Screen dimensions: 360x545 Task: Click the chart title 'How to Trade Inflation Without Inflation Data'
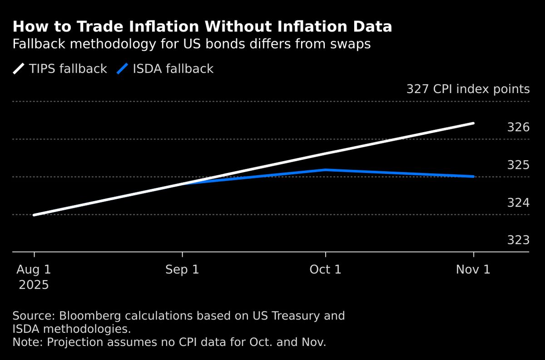tap(202, 27)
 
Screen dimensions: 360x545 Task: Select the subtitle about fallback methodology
tap(191, 44)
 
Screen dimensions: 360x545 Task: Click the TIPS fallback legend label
tap(68, 69)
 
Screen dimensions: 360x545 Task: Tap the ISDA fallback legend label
tap(173, 69)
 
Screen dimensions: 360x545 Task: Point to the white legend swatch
tap(19, 69)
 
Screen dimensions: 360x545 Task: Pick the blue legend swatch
tap(122, 69)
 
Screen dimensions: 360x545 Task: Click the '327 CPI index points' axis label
tap(468, 89)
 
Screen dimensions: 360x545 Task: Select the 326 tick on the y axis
tap(518, 127)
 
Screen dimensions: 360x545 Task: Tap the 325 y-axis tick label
tap(518, 165)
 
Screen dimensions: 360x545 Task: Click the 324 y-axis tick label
tap(518, 202)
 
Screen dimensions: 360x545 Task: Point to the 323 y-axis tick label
tap(518, 240)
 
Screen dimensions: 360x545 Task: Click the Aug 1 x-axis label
tap(34, 269)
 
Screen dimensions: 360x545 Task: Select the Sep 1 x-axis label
tap(182, 269)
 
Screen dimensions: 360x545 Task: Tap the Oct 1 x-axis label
tap(325, 269)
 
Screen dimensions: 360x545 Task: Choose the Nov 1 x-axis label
tap(474, 269)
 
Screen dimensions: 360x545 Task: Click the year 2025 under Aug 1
tap(34, 285)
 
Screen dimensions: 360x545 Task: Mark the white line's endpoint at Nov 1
tap(474, 123)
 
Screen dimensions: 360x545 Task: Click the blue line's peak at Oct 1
tap(325, 170)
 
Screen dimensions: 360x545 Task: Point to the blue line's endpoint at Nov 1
tap(474, 176)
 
